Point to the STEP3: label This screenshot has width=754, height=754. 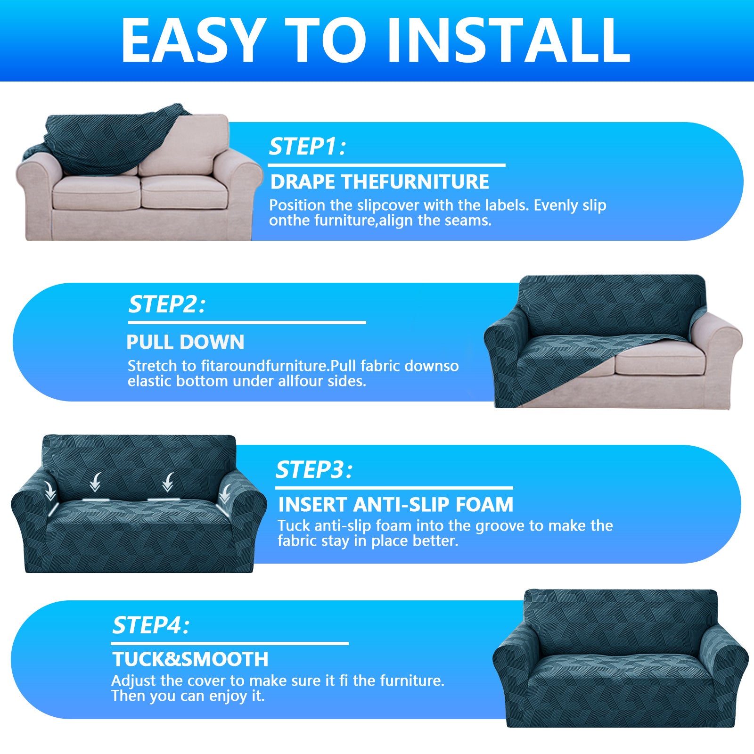[x=314, y=470]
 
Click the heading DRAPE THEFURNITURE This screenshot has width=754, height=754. [x=379, y=182]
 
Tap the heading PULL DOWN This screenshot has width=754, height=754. [x=185, y=342]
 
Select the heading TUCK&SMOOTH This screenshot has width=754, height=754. [x=190, y=659]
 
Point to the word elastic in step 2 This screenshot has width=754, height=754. [x=149, y=381]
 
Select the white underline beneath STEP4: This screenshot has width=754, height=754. [x=229, y=643]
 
